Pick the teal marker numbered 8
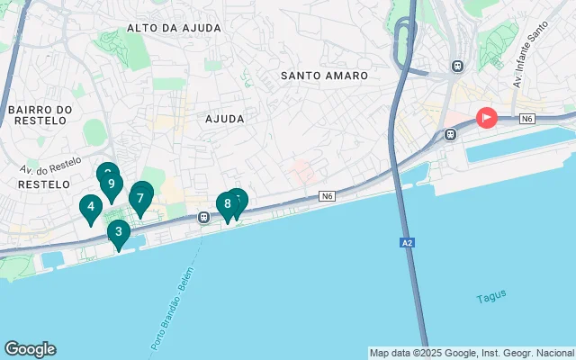227,204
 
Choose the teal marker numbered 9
111,184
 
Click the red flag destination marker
486,117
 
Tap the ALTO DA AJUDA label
174,28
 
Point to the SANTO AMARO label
323,76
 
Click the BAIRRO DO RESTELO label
39,117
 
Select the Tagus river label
491,295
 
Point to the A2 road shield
407,242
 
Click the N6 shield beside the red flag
527,119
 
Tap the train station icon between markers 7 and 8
204,217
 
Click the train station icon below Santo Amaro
448,136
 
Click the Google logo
30,349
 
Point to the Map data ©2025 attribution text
472,353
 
